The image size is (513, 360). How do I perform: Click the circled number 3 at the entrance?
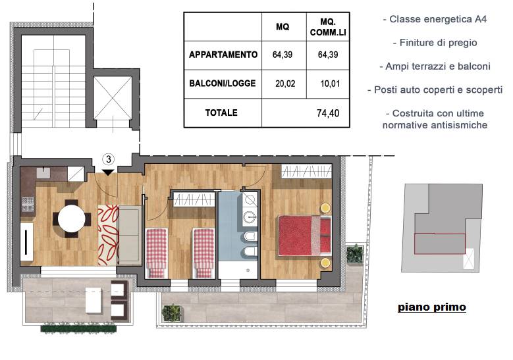click(x=108, y=159)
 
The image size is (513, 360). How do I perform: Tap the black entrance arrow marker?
click(x=108, y=172)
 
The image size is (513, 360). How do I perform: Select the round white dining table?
click(x=71, y=219)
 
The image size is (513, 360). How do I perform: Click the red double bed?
click(x=305, y=236)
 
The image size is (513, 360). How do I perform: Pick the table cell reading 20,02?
click(x=285, y=84)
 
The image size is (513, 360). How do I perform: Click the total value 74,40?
click(x=328, y=113)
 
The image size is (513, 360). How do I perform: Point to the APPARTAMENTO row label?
click(x=223, y=55)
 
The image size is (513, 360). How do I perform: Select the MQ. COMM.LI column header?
click(x=328, y=27)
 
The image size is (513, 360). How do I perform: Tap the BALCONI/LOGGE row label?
click(x=223, y=84)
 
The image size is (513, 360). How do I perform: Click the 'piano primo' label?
click(x=432, y=307)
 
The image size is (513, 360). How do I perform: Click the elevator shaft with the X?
click(x=112, y=98)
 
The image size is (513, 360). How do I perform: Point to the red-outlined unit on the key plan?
click(x=439, y=244)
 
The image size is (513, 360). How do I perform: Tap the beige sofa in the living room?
click(x=130, y=235)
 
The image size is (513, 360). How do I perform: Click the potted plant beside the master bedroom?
click(x=355, y=253)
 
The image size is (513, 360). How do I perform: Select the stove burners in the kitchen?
click(x=28, y=204)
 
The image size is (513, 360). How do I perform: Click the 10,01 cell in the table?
click(x=330, y=84)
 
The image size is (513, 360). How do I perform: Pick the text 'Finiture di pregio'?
click(x=435, y=43)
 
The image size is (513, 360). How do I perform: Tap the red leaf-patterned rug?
click(x=108, y=235)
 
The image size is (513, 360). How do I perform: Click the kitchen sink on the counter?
click(x=43, y=173)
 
